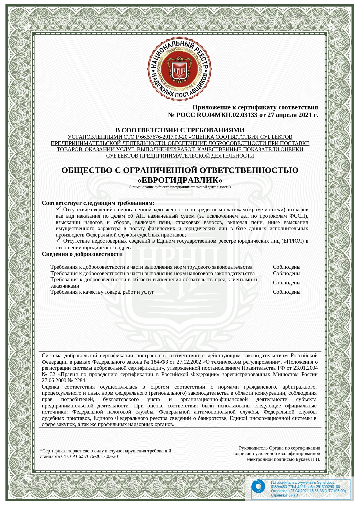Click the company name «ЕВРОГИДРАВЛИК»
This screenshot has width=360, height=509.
pyautogui.click(x=180, y=180)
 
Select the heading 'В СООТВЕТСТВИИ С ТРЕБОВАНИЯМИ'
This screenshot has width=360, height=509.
pyautogui.click(x=180, y=130)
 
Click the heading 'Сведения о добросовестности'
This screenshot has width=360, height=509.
pyautogui.click(x=82, y=254)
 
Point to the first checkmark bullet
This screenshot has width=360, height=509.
pyautogui.click(x=58, y=209)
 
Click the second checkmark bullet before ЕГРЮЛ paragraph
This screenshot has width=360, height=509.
pyautogui.click(x=58, y=240)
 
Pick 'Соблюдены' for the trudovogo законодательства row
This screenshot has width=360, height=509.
pyautogui.click(x=286, y=267)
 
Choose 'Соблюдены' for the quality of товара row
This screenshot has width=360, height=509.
pyautogui.click(x=286, y=292)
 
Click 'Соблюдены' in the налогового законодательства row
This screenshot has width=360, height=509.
pyautogui.click(x=286, y=273)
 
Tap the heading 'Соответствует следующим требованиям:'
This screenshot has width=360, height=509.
pyautogui.click(x=98, y=203)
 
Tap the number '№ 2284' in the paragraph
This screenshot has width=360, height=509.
pyautogui.click(x=77, y=380)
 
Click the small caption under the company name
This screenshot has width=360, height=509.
pyautogui.click(x=180, y=187)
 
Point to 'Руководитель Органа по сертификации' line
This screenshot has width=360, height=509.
pyautogui.click(x=279, y=448)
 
